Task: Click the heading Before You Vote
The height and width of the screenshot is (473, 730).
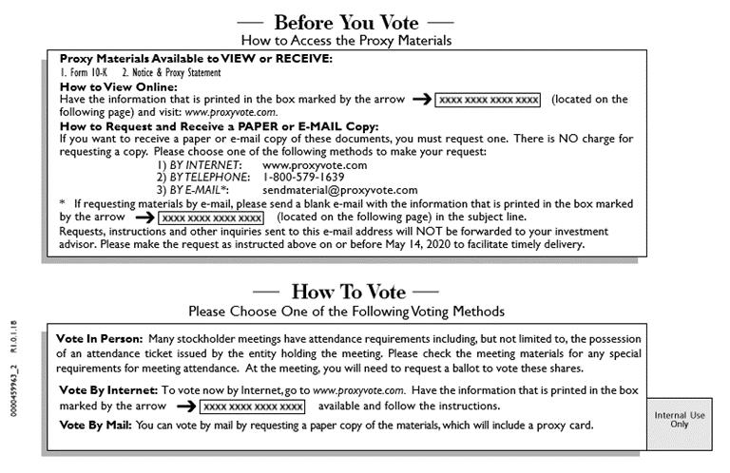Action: (345, 21)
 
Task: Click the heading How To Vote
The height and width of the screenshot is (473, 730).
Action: (347, 291)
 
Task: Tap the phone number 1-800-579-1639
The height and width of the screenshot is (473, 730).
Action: (303, 177)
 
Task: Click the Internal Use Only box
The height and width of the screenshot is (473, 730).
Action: (679, 419)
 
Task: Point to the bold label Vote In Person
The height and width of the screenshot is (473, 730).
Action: (99, 339)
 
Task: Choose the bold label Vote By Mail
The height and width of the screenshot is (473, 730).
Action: (95, 425)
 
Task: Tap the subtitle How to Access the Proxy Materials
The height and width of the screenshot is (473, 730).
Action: (346, 41)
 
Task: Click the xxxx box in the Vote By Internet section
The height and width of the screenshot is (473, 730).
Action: (253, 407)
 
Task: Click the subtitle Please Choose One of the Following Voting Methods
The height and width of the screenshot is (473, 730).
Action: (346, 311)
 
